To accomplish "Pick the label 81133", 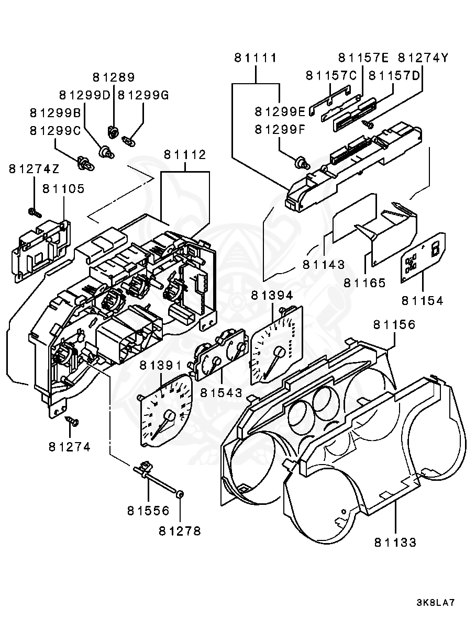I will tap(395, 543).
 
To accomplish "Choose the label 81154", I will tap(422, 300).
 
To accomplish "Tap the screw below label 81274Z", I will tap(34, 212).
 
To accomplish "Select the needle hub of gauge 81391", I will tap(169, 416).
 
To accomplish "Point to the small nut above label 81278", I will tap(180, 494).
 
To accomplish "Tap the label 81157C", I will tap(331, 75).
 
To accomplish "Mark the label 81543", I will tap(222, 391).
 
